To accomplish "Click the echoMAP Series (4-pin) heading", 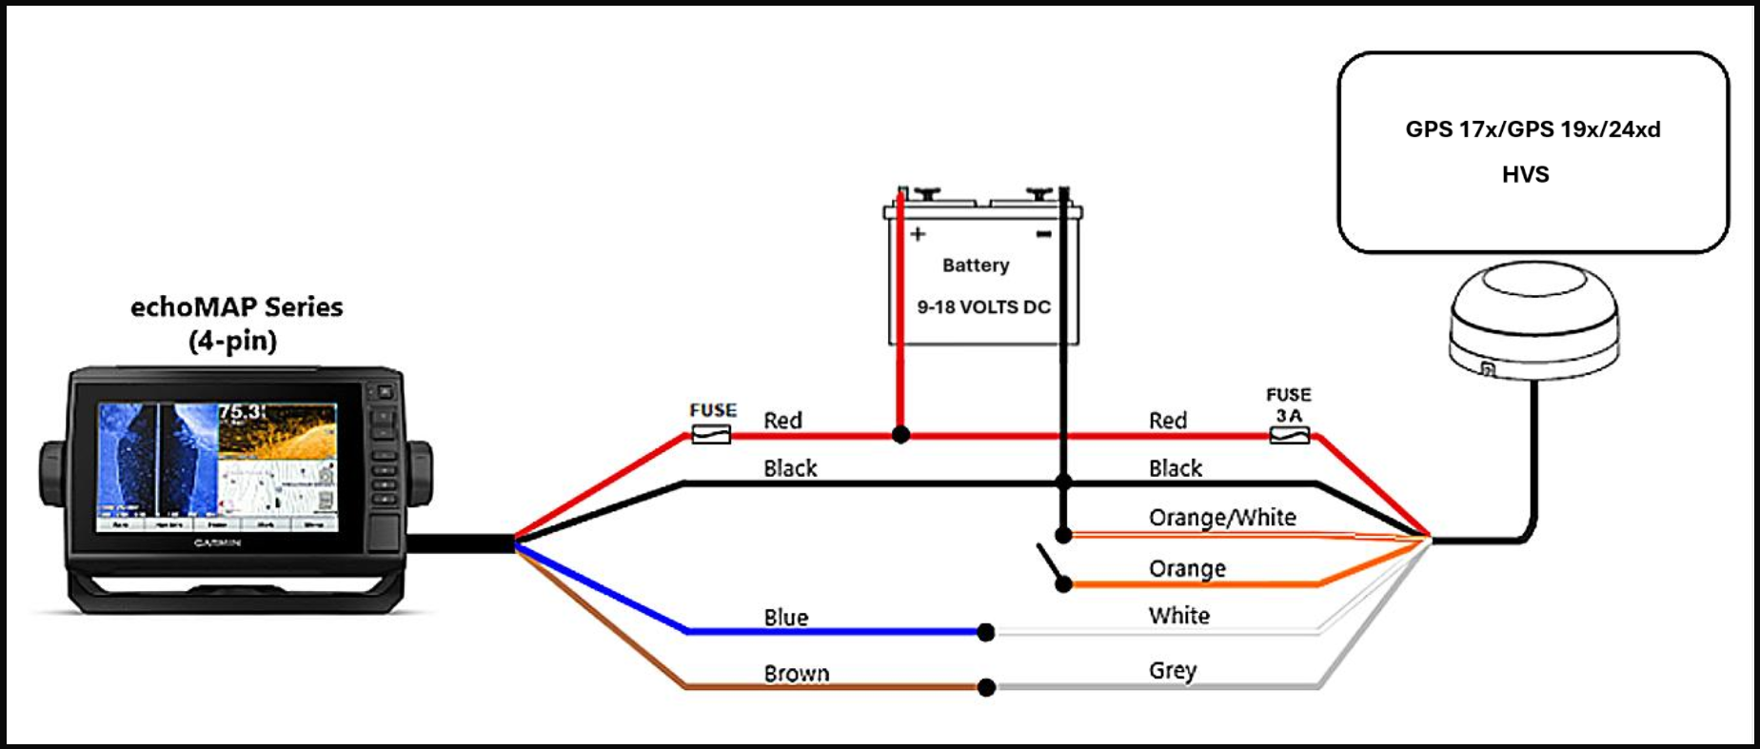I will pos(236,324).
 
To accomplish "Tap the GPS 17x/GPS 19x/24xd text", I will pos(1533,129).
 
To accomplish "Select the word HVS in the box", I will pos(1525,174).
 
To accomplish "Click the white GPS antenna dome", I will pos(1533,319).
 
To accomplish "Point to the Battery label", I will pos(976,266).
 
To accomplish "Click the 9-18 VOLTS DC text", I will pos(983,307).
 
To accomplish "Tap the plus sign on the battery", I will pos(918,234).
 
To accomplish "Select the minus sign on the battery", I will pos(1044,234).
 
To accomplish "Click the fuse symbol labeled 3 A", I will pos(1290,436).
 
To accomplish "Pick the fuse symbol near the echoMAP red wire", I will pos(710,435).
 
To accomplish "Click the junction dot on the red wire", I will pos(900,436).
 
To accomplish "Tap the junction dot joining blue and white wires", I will pos(986,632).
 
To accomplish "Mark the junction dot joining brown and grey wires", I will pos(986,687).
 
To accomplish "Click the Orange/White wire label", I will pos(1222,518).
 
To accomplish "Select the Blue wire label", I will pos(786,618).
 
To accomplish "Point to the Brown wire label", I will pos(797,674).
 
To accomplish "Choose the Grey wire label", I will pos(1173,671).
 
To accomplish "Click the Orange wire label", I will pos(1187,569).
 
